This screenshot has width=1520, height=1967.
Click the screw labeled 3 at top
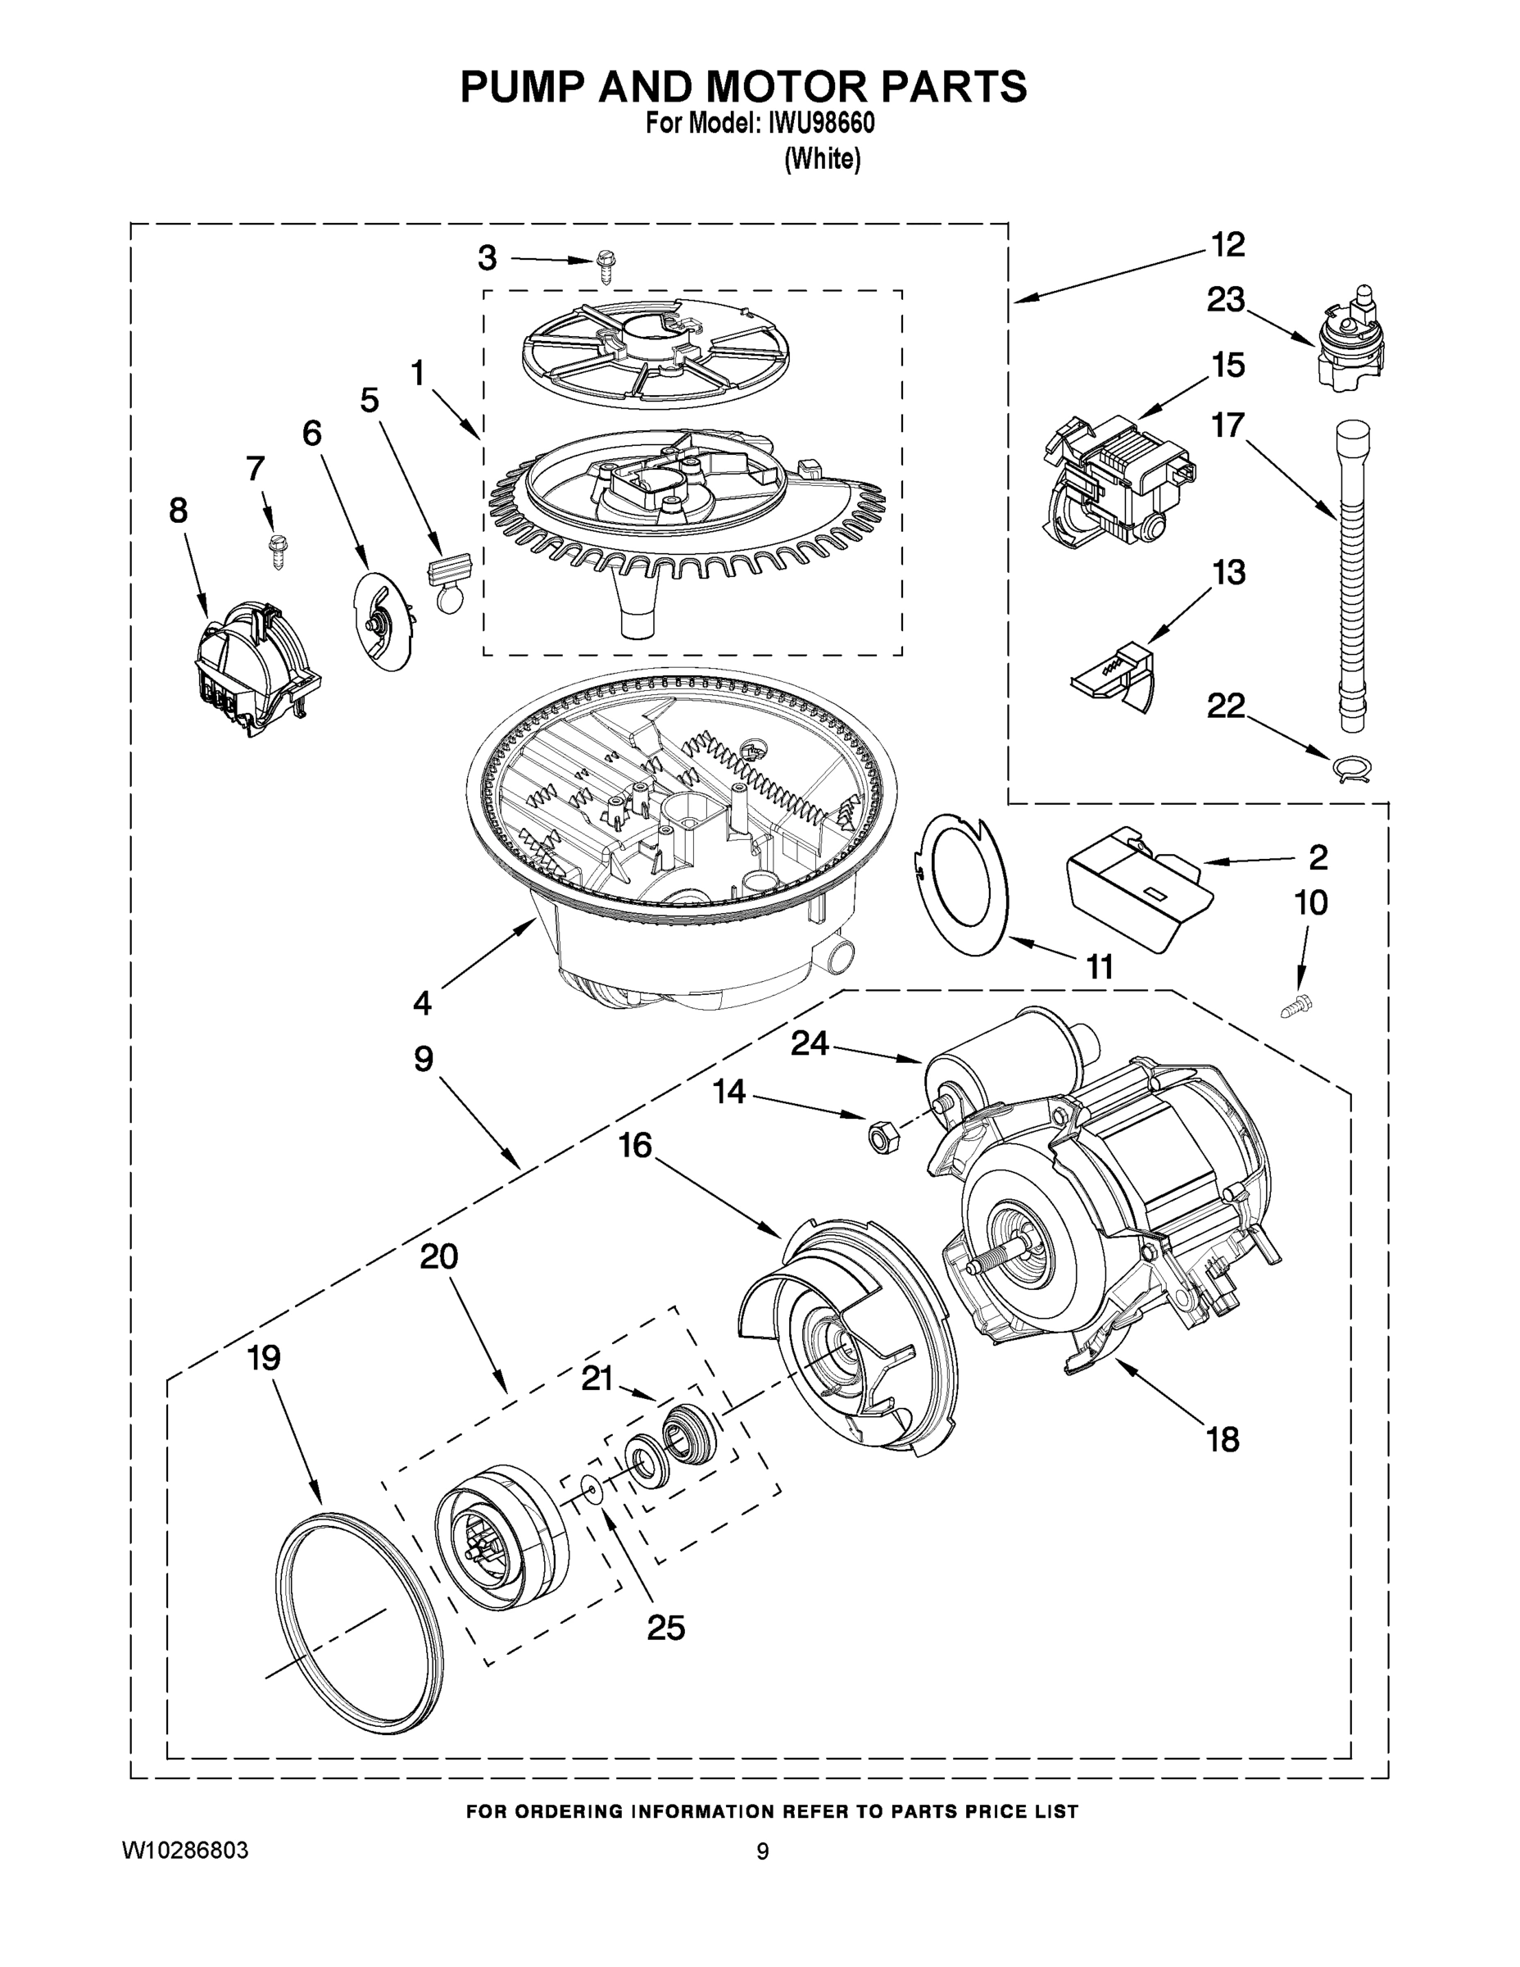(605, 267)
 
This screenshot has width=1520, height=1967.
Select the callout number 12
(1227, 245)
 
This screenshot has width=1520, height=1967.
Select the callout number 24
(810, 1043)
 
